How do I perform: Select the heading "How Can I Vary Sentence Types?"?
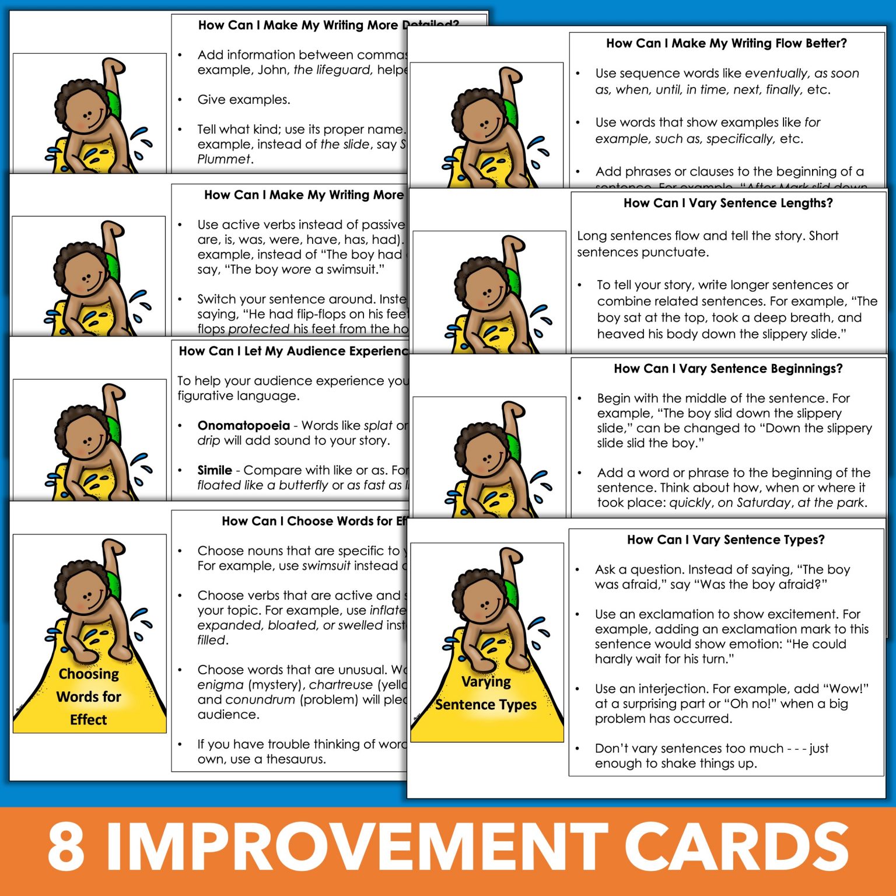coord(726,540)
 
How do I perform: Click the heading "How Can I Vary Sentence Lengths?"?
coord(728,203)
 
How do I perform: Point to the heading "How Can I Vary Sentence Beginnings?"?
coord(728,369)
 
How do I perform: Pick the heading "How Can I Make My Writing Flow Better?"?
coord(726,43)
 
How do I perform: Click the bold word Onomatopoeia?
coord(243,425)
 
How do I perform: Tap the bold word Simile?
coord(215,470)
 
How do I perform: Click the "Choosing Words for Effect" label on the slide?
coord(89,696)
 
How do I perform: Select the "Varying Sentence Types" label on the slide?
coord(486,693)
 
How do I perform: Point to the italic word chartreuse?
coord(341,684)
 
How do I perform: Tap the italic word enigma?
coord(220,684)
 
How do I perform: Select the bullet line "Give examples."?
coord(243,100)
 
